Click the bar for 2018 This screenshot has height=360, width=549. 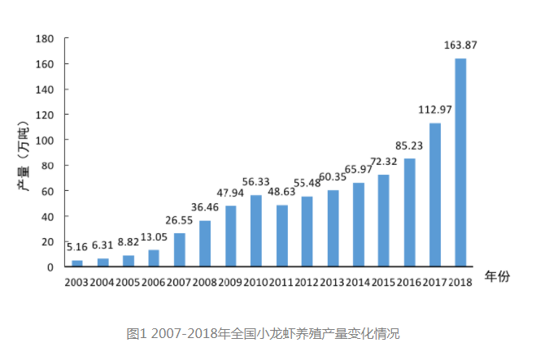[460, 163]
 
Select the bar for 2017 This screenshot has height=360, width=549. [435, 195]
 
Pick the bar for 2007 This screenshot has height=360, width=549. [180, 249]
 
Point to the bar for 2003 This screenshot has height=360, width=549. [77, 263]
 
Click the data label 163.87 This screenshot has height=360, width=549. [460, 46]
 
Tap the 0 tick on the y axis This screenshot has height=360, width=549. [50, 267]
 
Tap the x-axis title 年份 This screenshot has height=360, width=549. [497, 277]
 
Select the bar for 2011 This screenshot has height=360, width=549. [281, 236]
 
